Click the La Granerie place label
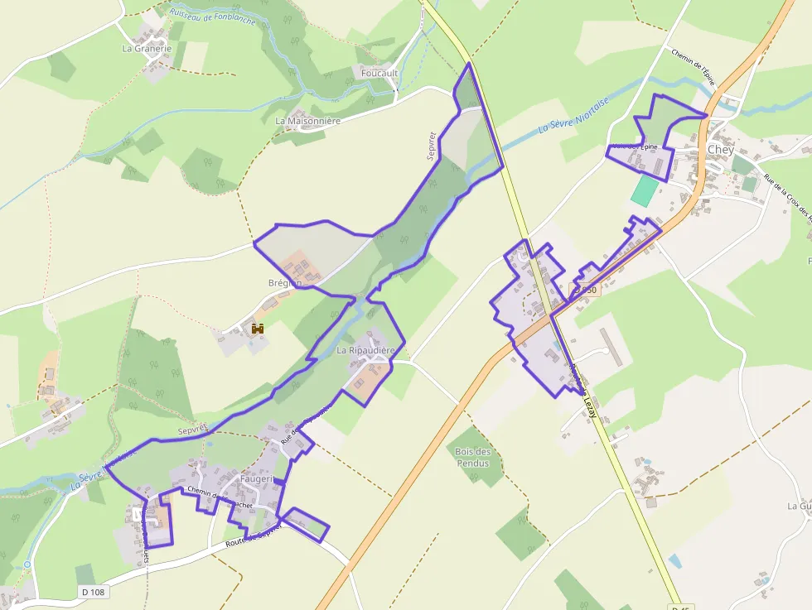pyautogui.click(x=147, y=49)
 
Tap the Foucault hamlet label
pyautogui.click(x=379, y=74)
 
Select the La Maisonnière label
pyautogui.click(x=308, y=121)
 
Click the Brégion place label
pyautogui.click(x=284, y=283)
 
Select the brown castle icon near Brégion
pyautogui.click(x=258, y=329)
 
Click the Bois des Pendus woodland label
pyautogui.click(x=473, y=457)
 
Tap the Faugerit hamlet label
pyautogui.click(x=256, y=479)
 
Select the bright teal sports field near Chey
pyautogui.click(x=643, y=190)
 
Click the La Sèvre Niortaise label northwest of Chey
pyautogui.click(x=573, y=115)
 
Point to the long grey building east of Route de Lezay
pyautogui.click(x=610, y=346)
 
